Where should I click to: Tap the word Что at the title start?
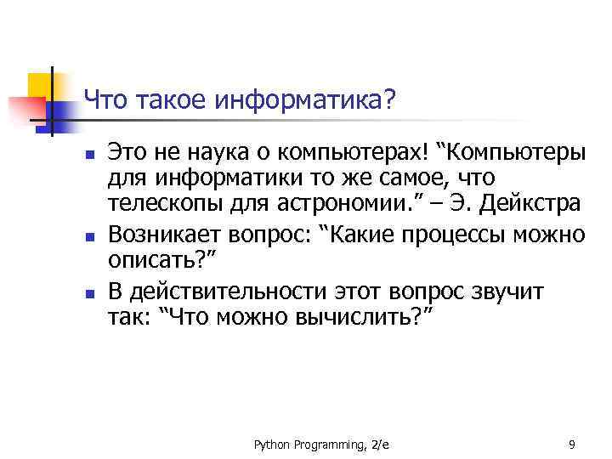[106, 103]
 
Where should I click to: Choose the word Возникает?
[161, 234]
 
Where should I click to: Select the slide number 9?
[572, 444]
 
